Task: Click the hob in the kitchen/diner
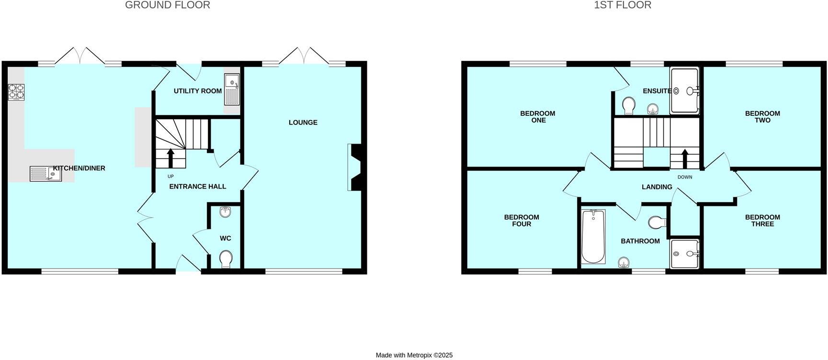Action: (16, 91)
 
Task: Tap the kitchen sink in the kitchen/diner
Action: (46, 174)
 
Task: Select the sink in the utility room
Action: (232, 90)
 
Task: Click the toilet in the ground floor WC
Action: (226, 260)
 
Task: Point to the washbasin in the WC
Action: (226, 212)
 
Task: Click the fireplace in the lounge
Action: (356, 168)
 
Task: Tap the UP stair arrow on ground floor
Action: (170, 157)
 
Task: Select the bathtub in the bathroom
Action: (593, 236)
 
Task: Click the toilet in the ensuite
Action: (629, 105)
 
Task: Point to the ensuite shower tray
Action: (684, 91)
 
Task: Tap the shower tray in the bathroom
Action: (685, 254)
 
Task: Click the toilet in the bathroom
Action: (657, 222)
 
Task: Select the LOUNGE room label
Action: (303, 123)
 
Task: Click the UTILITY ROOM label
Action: (197, 91)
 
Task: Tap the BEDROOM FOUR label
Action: (522, 221)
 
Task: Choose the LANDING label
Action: (657, 187)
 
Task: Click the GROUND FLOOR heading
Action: (167, 5)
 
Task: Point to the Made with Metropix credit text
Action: (414, 355)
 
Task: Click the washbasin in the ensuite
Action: (652, 110)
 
